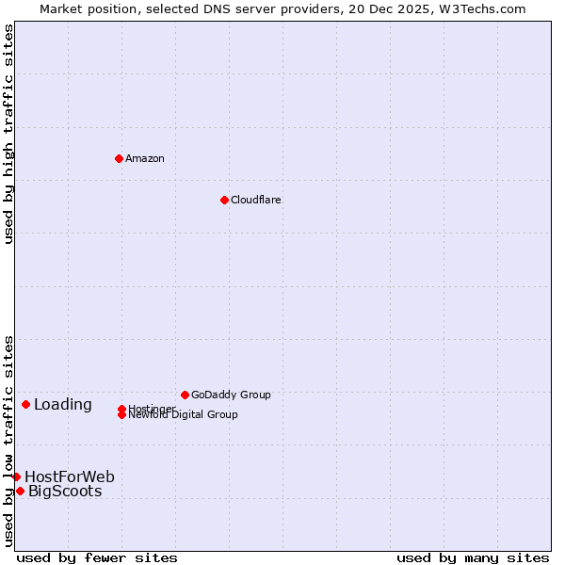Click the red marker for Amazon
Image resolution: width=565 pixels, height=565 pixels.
pyautogui.click(x=119, y=158)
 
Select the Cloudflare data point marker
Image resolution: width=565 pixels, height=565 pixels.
pyautogui.click(x=224, y=200)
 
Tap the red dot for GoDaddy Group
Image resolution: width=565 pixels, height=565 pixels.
pyautogui.click(x=185, y=395)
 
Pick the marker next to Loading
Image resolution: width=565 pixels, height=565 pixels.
pyautogui.click(x=25, y=404)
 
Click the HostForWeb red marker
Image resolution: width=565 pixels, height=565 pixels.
pyautogui.click(x=16, y=476)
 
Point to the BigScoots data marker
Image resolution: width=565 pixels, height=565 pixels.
pyautogui.click(x=20, y=491)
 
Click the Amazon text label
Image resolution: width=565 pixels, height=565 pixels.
pyautogui.click(x=145, y=158)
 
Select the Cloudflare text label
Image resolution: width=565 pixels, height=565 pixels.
pyautogui.click(x=255, y=200)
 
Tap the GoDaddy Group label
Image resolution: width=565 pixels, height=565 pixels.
pyautogui.click(x=231, y=395)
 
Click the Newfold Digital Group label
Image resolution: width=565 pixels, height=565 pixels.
pyautogui.click(x=184, y=415)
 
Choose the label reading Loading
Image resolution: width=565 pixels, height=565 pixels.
pyautogui.click(x=63, y=405)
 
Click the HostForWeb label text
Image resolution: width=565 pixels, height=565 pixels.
pyautogui.click(x=70, y=476)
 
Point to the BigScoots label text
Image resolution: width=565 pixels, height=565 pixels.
pyautogui.click(x=65, y=491)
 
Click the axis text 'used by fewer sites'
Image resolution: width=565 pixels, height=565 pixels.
pyautogui.click(x=97, y=557)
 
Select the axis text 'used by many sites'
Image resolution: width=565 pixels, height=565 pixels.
pyautogui.click(x=473, y=557)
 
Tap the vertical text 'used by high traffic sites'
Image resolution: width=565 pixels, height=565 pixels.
pyautogui.click(x=9, y=134)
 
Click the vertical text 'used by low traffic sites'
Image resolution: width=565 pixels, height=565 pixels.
pyautogui.click(x=9, y=441)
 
